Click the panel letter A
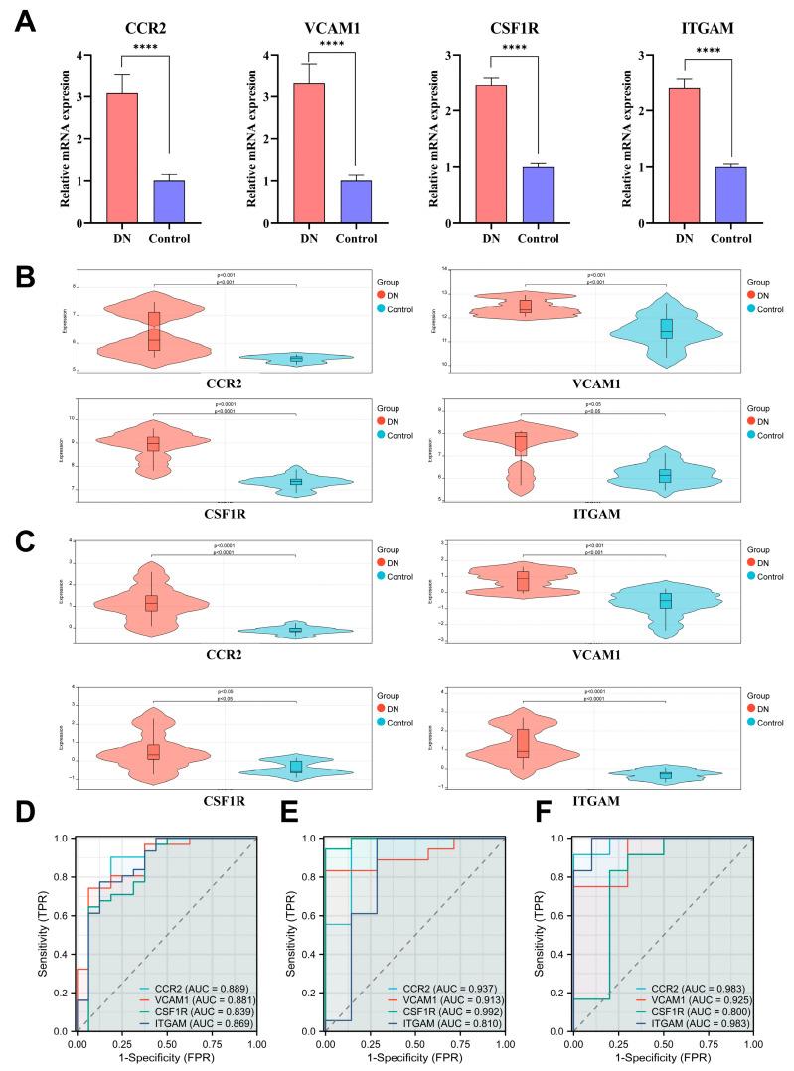[x=23, y=21]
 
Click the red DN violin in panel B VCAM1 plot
[x=525, y=307]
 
